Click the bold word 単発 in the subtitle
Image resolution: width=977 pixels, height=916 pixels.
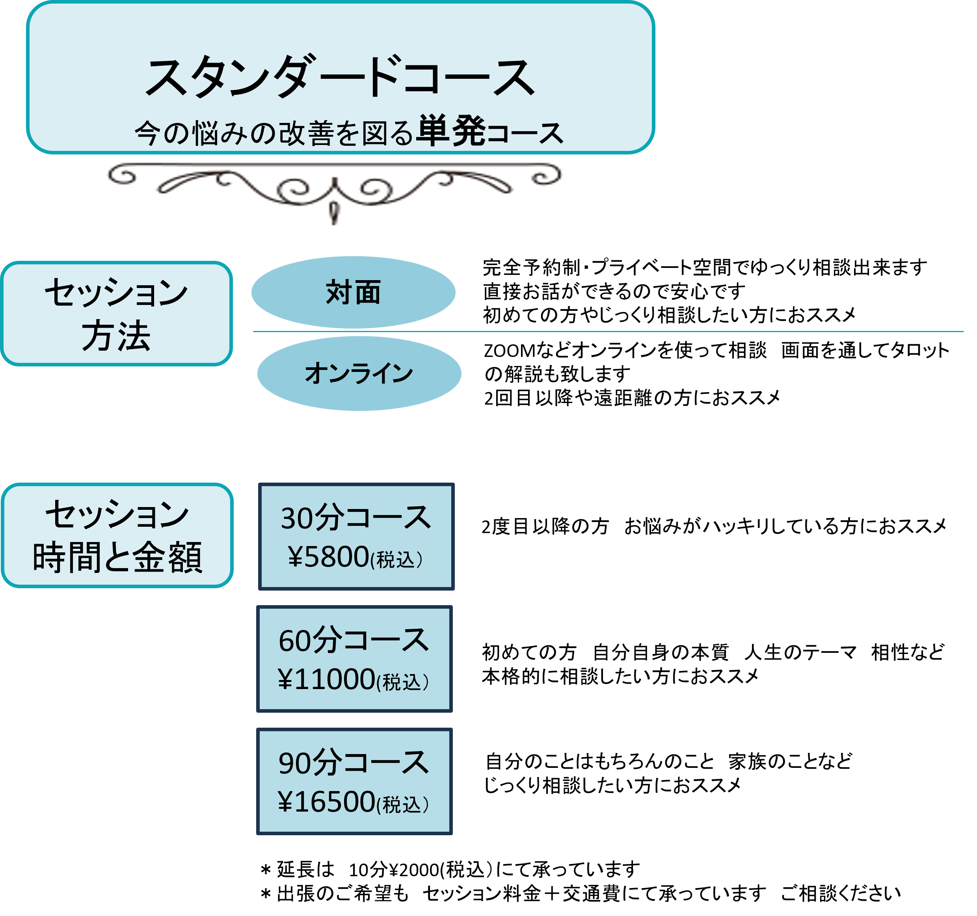[450, 132]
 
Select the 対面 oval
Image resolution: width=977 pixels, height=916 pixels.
[354, 293]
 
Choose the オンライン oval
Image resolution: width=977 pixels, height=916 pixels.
[359, 373]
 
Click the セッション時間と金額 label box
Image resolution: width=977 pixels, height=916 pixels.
[117, 535]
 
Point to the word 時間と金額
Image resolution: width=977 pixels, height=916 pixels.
[117, 557]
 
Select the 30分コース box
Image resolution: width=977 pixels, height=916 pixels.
[356, 536]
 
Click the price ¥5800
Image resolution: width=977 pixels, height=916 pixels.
[328, 557]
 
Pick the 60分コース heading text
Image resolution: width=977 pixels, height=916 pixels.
[354, 641]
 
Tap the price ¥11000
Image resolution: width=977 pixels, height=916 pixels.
[326, 680]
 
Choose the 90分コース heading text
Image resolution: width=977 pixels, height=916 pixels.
[354, 763]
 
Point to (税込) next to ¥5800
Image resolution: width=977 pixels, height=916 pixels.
[396, 559]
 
